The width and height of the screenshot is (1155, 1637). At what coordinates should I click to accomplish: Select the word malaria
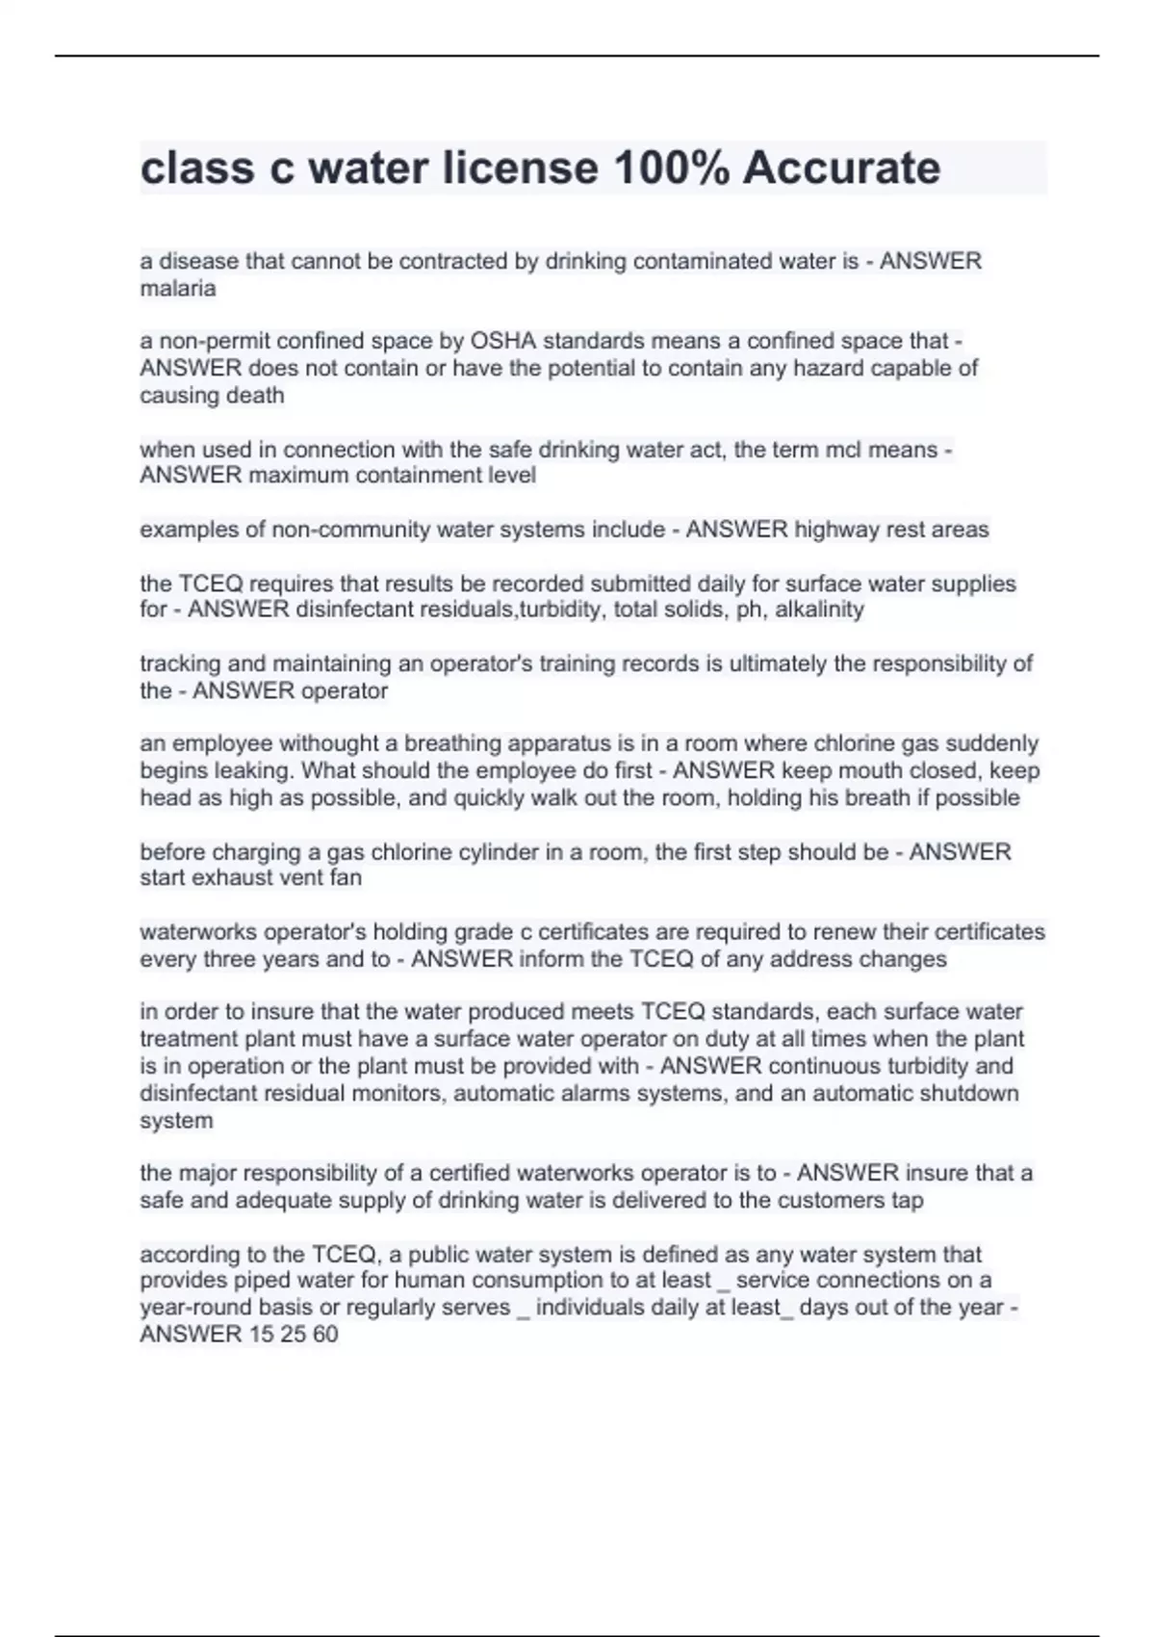coord(178,288)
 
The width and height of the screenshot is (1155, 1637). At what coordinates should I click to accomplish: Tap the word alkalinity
coord(819,610)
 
